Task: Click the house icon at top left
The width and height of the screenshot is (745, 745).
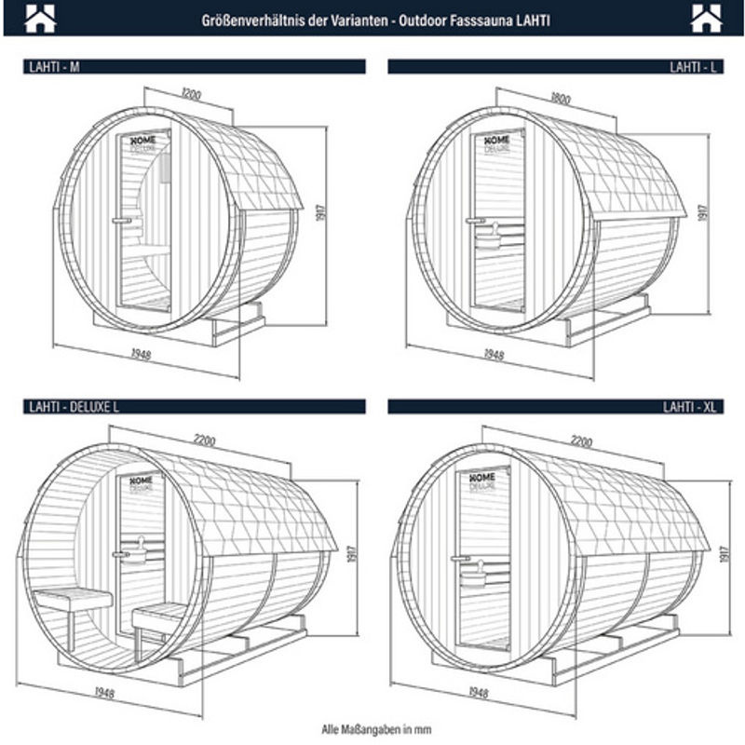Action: pyautogui.click(x=40, y=19)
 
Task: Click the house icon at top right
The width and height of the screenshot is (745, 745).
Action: pyautogui.click(x=706, y=19)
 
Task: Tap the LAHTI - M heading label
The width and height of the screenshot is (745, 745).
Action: pyautogui.click(x=54, y=67)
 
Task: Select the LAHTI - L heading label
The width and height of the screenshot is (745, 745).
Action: pyautogui.click(x=693, y=67)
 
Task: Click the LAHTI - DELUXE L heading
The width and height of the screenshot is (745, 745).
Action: pyautogui.click(x=74, y=407)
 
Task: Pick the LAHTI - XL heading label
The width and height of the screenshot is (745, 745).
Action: pyautogui.click(x=689, y=407)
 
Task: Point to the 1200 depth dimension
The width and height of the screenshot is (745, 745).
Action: pyautogui.click(x=191, y=94)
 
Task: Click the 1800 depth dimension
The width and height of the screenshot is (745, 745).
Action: pyautogui.click(x=561, y=98)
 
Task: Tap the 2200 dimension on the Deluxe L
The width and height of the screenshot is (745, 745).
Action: pyautogui.click(x=205, y=440)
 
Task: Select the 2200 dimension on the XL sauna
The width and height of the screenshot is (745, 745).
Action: pyautogui.click(x=581, y=441)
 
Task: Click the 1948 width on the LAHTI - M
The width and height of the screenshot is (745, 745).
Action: pyautogui.click(x=142, y=354)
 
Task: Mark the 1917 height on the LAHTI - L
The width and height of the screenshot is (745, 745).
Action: pyautogui.click(x=702, y=212)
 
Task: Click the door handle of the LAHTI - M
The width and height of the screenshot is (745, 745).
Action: pyautogui.click(x=122, y=221)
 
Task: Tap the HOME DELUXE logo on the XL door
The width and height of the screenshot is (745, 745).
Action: pyautogui.click(x=482, y=481)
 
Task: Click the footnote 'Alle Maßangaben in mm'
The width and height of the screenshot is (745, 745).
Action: pyautogui.click(x=376, y=729)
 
